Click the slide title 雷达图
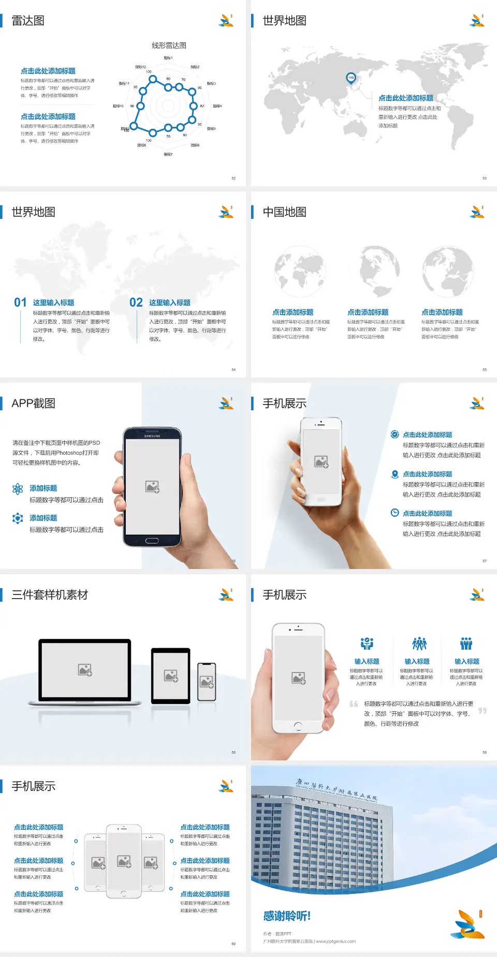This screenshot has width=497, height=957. pyautogui.click(x=28, y=21)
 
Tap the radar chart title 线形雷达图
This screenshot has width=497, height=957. pyautogui.click(x=169, y=46)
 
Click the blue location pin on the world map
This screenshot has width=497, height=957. pyautogui.click(x=351, y=78)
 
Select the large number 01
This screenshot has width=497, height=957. pyautogui.click(x=20, y=303)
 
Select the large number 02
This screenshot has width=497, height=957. pyautogui.click(x=136, y=303)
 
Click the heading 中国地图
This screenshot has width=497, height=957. pyautogui.click(x=284, y=212)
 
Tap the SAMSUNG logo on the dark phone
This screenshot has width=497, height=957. pyautogui.click(x=152, y=436)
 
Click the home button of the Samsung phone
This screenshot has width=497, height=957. pyautogui.click(x=152, y=541)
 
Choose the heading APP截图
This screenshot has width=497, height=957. pyautogui.click(x=34, y=403)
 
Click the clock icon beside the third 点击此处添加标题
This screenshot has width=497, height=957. pyautogui.click(x=394, y=513)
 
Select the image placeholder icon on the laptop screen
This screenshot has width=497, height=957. pyautogui.click(x=85, y=670)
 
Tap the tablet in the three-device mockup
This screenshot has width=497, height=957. pyautogui.click(x=171, y=675)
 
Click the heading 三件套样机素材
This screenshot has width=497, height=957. pyautogui.click(x=50, y=595)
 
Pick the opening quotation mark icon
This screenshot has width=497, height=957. pyautogui.click(x=354, y=704)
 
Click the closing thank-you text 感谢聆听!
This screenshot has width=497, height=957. pyautogui.click(x=287, y=916)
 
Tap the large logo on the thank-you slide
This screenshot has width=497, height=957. pyautogui.click(x=467, y=924)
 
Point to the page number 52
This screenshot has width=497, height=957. pyautogui.click(x=233, y=178)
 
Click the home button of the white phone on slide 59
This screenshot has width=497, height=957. pyautogui.click(x=298, y=726)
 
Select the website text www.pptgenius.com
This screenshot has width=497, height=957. pyautogui.click(x=335, y=941)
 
